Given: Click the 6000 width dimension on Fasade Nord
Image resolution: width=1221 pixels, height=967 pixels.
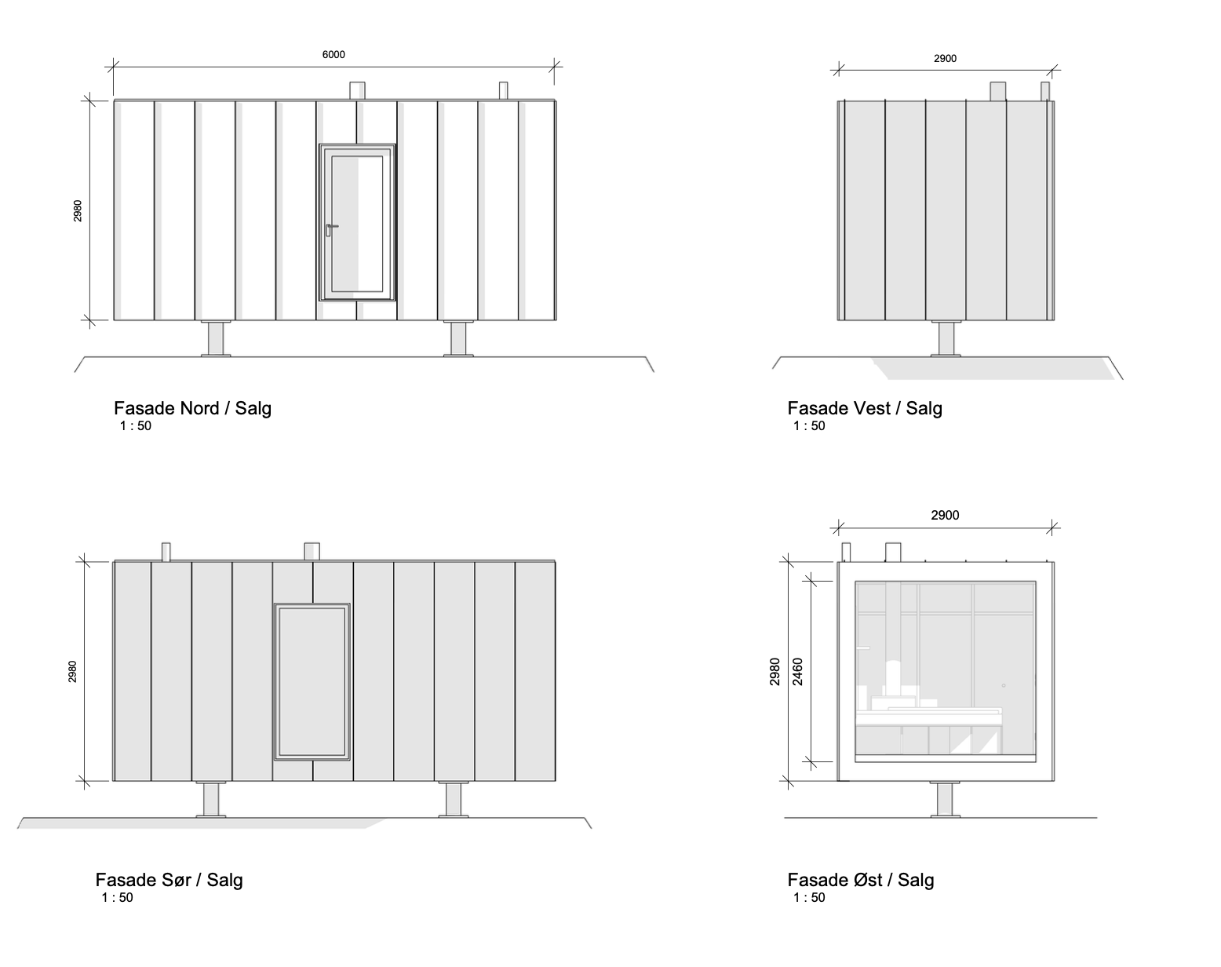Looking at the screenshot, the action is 333,55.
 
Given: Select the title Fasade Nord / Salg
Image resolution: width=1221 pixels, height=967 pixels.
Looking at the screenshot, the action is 192,408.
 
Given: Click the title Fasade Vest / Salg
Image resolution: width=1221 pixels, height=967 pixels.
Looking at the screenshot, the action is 865,408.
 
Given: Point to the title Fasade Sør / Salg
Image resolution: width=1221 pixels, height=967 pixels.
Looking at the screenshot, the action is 169,880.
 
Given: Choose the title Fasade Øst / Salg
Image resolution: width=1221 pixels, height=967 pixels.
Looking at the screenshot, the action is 861,880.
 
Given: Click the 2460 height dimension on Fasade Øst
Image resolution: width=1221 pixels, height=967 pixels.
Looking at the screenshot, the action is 798,672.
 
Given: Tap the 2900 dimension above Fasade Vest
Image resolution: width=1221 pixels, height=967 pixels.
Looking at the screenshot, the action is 945,59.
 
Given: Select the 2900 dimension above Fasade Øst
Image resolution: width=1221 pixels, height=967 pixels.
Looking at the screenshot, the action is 945,516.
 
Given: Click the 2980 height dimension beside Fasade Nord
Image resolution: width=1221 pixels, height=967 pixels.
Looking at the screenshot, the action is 78,210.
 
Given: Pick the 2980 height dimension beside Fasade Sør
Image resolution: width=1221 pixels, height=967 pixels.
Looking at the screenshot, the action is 72,671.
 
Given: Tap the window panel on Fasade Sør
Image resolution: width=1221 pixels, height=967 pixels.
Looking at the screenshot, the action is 312,681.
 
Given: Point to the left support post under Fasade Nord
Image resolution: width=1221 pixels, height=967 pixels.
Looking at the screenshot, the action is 216,339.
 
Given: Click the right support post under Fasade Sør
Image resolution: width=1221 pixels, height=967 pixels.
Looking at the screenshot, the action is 453,800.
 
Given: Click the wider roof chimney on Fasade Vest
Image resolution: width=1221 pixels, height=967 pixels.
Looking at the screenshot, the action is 997,91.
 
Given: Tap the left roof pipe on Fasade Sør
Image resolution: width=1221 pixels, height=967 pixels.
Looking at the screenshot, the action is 166,552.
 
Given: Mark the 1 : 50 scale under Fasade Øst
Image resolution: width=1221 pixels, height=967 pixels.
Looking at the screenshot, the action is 809,898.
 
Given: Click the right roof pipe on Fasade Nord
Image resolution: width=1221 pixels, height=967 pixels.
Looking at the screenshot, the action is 503,91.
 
